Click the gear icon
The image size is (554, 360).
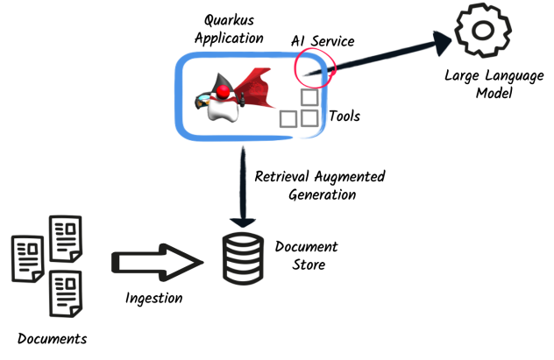[482, 32]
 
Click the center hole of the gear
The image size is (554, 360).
[482, 31]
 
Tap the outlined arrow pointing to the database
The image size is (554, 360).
[156, 262]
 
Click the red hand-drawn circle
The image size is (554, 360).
[314, 67]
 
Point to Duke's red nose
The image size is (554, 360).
[224, 92]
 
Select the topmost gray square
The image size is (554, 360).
[309, 97]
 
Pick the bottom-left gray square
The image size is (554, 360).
[288, 118]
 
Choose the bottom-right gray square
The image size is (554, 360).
[309, 118]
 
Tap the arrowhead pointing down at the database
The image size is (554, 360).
[243, 220]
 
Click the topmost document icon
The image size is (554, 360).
[66, 237]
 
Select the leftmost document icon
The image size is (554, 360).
[27, 258]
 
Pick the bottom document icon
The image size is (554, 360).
[66, 293]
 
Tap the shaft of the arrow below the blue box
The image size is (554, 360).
[243, 180]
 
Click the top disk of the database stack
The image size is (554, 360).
[243, 242]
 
